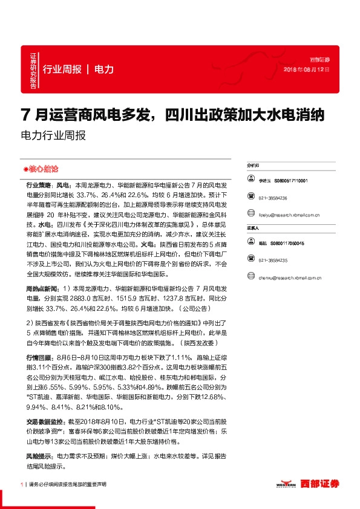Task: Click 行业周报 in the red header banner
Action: pyautogui.click(x=62, y=70)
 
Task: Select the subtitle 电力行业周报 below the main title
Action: pyautogui.click(x=53, y=136)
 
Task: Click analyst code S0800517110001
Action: pyautogui.click(x=290, y=181)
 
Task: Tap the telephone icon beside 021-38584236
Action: pyautogui.click(x=250, y=197)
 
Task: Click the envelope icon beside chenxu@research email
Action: pyautogui.click(x=250, y=278)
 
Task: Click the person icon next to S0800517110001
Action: pyautogui.click(x=250, y=181)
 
